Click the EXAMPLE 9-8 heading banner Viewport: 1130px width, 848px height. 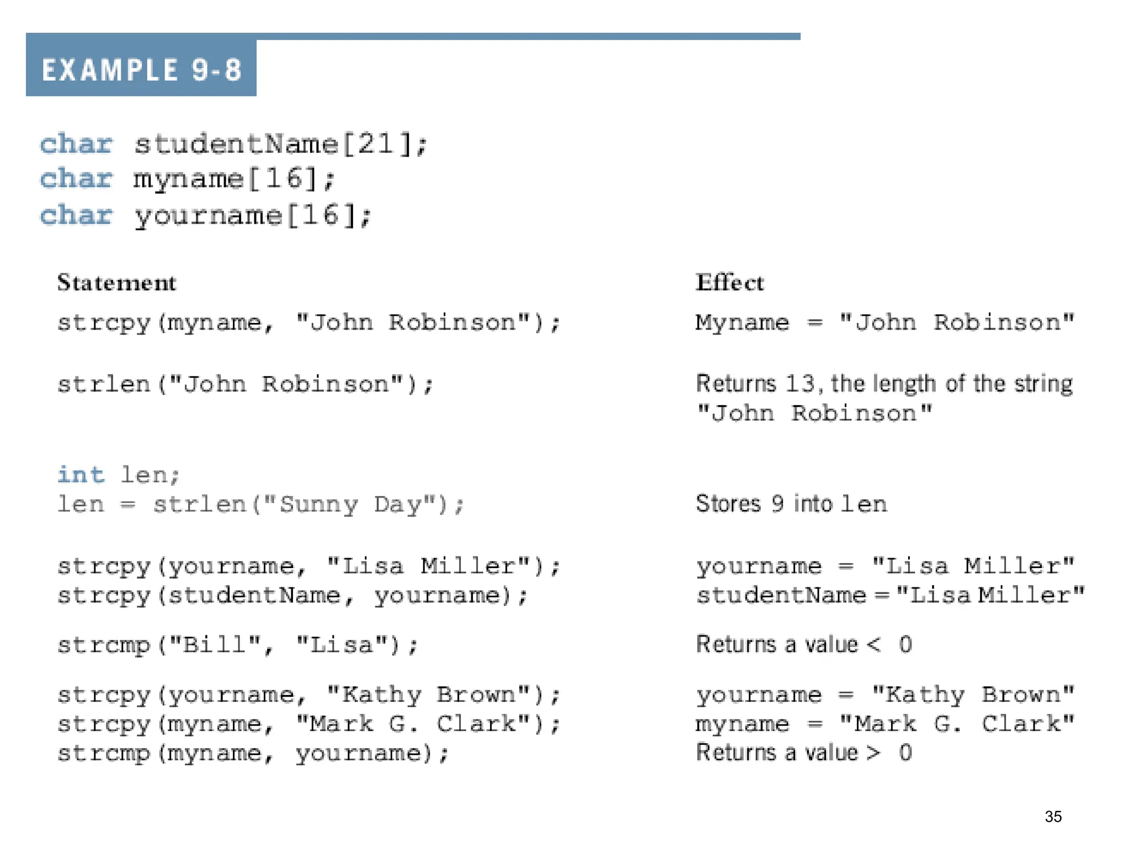141,70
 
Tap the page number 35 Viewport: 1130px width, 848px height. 1053,817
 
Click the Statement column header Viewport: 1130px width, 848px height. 116,283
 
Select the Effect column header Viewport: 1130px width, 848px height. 729,283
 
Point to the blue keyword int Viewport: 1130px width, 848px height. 81,475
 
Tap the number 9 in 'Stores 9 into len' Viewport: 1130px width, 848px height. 777,504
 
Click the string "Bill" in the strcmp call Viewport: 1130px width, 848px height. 214,645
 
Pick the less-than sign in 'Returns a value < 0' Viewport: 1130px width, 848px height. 873,644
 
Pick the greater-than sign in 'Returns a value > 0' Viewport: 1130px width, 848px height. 873,752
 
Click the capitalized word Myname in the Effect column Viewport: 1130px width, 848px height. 742,322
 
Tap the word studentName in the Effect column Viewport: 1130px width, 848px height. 781,595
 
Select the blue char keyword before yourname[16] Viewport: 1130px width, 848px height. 76,215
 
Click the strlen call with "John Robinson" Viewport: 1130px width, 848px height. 246,384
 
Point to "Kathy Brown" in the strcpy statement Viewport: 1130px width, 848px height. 428,695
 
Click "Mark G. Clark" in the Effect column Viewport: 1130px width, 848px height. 957,724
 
